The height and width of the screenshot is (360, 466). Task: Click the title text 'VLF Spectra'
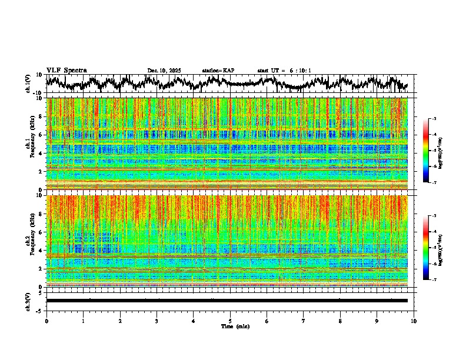pos(66,71)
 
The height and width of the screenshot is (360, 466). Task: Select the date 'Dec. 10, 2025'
pos(164,71)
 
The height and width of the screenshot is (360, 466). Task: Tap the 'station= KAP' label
pos(218,71)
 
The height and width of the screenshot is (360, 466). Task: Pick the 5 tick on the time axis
pos(231,321)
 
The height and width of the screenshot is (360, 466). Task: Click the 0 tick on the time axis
pos(46,321)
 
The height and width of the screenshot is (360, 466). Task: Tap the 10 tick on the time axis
pos(414,321)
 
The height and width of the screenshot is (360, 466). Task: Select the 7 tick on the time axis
pos(304,321)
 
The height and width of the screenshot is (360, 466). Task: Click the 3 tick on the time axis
pos(157,321)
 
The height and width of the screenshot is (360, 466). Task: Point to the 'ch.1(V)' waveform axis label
pos(28,84)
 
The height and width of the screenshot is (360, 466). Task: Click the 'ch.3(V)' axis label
pos(28,300)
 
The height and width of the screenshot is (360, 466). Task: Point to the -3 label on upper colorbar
pos(434,119)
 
